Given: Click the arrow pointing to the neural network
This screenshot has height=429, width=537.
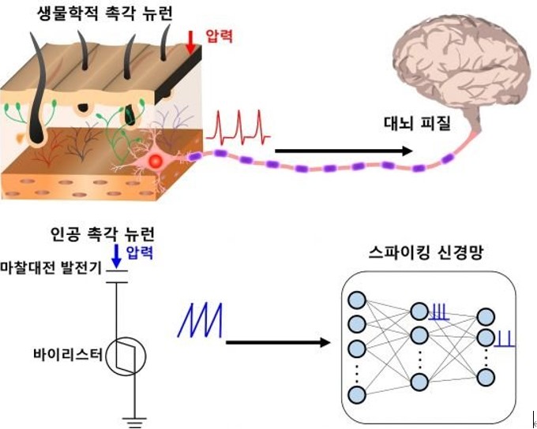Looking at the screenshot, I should pos(276,342).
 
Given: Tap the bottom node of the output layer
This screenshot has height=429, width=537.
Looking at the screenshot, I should pos(486,377).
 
